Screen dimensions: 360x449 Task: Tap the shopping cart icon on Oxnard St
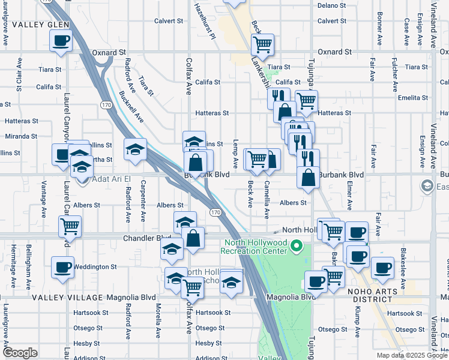click(262, 44)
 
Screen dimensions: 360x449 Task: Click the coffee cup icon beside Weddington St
click(62, 266)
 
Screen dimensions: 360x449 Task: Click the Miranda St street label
click(21, 136)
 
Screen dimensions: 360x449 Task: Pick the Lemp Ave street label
click(236, 157)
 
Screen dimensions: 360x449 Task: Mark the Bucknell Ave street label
click(131, 107)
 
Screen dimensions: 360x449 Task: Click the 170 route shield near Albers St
click(215, 212)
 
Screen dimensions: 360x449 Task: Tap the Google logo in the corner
click(20, 353)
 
